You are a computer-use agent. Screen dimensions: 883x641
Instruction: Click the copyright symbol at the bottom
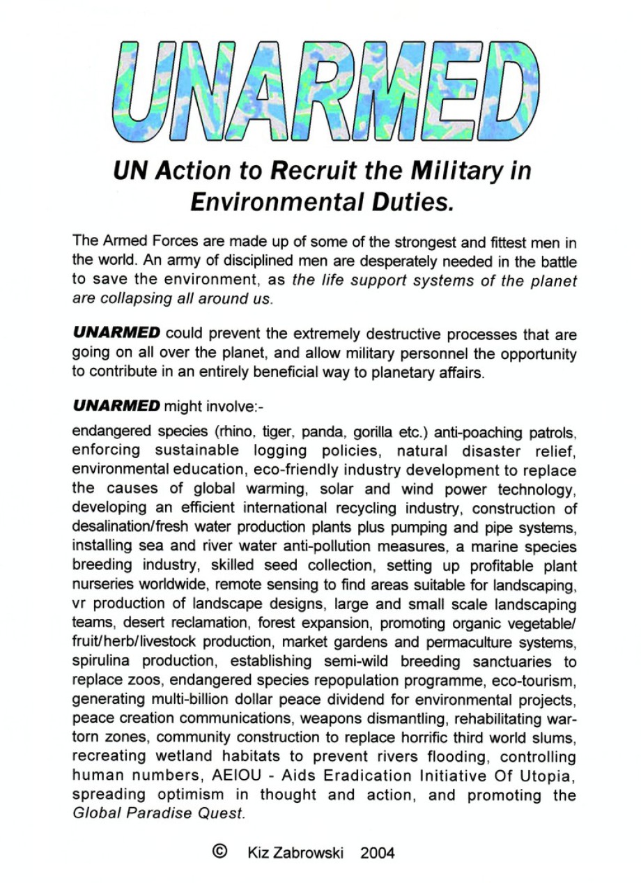[219, 852]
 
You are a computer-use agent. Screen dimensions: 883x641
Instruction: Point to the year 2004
[378, 853]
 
